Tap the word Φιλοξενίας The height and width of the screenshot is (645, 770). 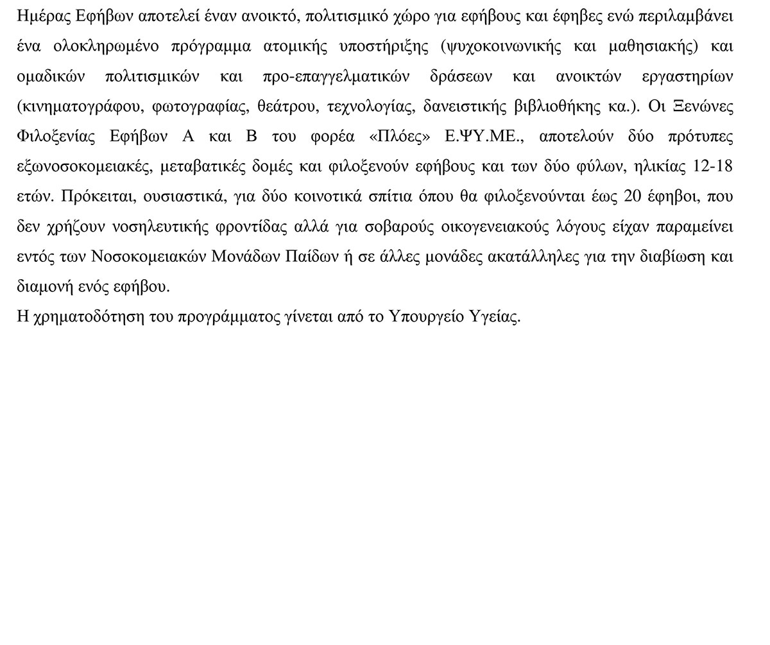click(52, 137)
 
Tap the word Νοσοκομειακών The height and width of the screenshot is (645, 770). click(149, 257)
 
